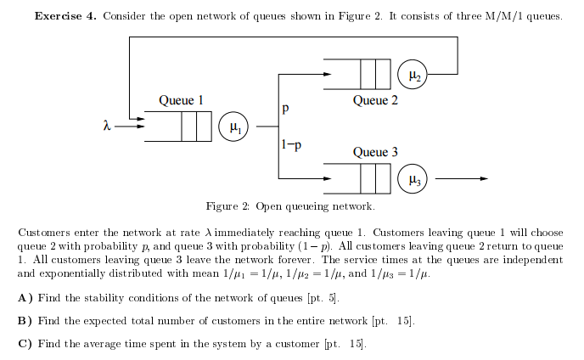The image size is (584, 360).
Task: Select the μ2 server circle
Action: pos(413,75)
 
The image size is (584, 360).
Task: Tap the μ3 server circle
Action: pos(413,179)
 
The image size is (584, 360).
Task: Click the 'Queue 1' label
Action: pos(181,101)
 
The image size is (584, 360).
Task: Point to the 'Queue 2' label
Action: pos(375,101)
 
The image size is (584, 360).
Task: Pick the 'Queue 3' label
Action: pos(375,153)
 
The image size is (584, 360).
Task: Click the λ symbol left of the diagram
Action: pos(106,127)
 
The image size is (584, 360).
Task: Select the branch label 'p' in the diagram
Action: pos(286,109)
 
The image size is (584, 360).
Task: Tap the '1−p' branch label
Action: pos(290,145)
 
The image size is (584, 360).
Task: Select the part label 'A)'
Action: pos(25,298)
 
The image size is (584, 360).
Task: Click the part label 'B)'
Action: pos(25,321)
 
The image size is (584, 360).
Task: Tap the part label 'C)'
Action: pos(25,344)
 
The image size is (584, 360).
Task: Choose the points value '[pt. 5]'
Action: pos(323,298)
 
